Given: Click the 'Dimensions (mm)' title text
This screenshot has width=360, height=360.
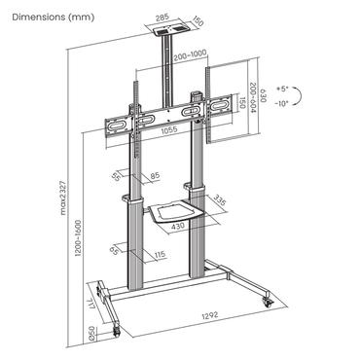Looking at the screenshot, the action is tap(54, 17).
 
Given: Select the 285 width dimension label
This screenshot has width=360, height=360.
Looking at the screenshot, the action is tap(162, 18).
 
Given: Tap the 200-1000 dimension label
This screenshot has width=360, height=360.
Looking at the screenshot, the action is tap(190, 55).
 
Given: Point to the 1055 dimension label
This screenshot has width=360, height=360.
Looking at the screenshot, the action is tap(169, 129).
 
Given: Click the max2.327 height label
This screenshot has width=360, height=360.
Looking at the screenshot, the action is tap(64, 198).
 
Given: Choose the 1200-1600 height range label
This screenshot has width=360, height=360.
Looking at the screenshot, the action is tap(78, 238).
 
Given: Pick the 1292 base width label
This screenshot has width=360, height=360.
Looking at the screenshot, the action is tap(210, 314).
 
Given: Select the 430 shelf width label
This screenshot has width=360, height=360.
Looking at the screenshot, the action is tap(178, 226).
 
